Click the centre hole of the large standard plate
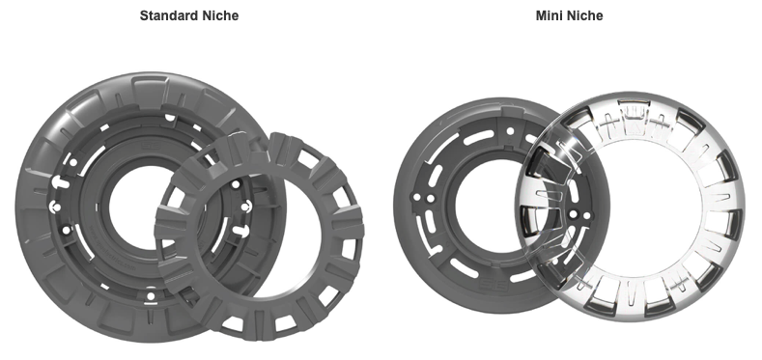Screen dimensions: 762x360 tap(135, 207)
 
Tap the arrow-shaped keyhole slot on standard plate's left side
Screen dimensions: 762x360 tap(59, 182)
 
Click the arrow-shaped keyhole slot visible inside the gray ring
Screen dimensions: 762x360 tap(240, 230)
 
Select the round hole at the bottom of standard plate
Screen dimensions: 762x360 tap(151, 296)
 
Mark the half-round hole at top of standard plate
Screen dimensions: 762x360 tap(170, 118)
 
